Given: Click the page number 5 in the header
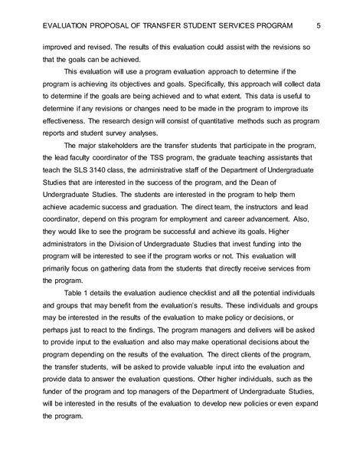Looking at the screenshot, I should tap(317, 27).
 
